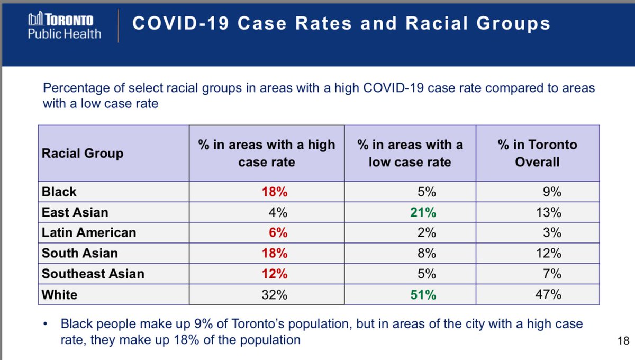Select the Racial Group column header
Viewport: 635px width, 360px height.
pos(83,154)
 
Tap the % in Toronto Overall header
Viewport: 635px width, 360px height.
pos(537,153)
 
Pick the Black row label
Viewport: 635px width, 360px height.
pos(59,192)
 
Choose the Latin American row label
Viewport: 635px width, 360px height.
pos(89,233)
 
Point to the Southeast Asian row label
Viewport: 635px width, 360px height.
pos(93,274)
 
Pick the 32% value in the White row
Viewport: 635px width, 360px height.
pos(275,295)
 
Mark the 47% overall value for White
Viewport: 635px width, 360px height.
pos(549,295)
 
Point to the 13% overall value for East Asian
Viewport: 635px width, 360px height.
pos(549,212)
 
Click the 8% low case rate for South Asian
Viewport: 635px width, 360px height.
pos(428,254)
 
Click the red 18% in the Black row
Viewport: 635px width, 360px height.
pos(275,192)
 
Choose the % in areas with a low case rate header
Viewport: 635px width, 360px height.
pos(410,153)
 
